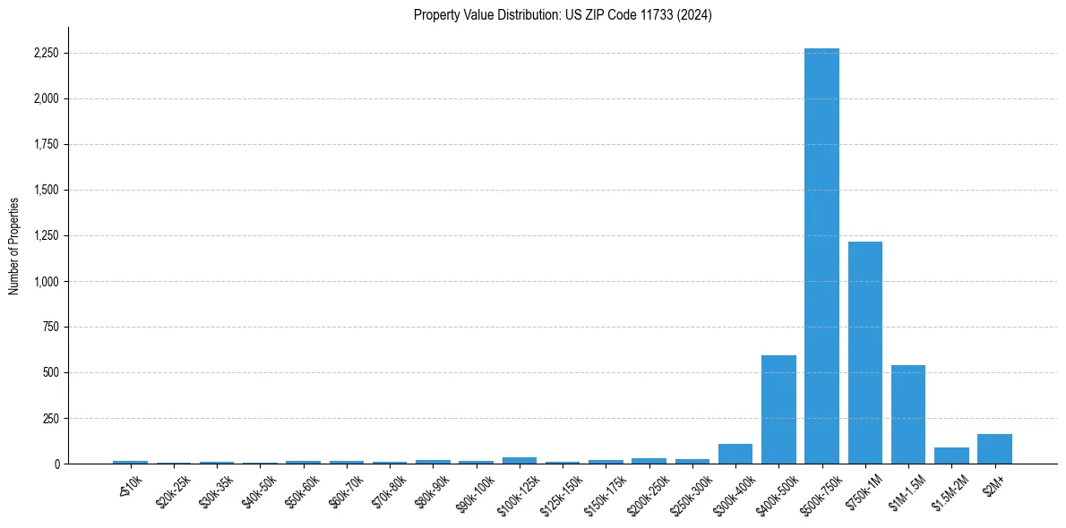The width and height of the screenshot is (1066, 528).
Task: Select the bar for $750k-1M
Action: tap(865, 353)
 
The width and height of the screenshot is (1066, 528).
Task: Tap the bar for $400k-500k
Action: tap(778, 410)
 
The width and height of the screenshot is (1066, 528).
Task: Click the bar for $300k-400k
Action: tap(735, 454)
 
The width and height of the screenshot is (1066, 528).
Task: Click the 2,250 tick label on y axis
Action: tap(46, 54)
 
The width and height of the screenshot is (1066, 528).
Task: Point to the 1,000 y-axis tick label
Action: tap(46, 282)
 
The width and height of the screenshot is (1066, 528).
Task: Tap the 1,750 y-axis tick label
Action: tap(46, 145)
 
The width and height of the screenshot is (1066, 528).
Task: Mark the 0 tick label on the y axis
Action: tap(57, 464)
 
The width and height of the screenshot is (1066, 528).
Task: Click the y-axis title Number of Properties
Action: tap(13, 245)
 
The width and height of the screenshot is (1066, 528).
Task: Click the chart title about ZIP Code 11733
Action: tap(563, 15)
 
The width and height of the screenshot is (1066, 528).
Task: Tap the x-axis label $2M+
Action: tap(992, 482)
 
